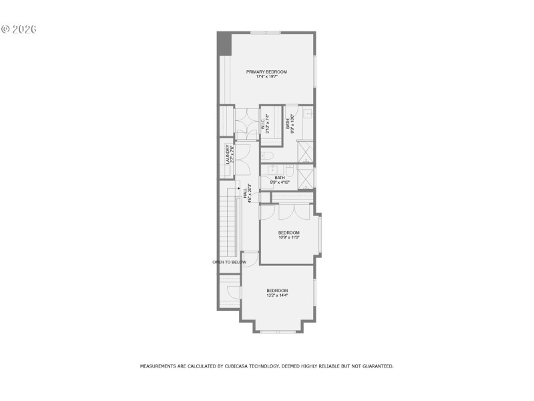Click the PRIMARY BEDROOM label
click(266, 72)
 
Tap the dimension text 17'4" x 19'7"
click(266, 77)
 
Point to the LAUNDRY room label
click(228, 154)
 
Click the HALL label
click(246, 193)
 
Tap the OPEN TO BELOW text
click(229, 262)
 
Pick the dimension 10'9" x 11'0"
click(289, 237)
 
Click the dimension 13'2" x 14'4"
click(277, 295)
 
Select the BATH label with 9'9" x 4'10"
click(280, 178)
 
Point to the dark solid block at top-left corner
click(224, 43)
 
